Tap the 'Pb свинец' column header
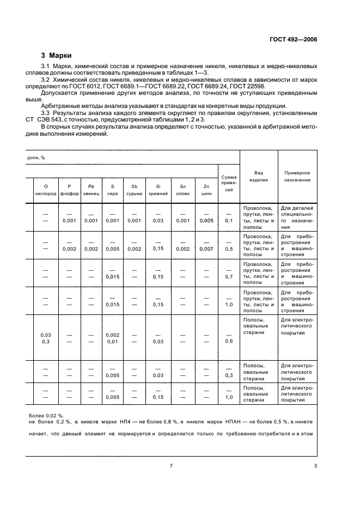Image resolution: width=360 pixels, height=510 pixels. (91, 190)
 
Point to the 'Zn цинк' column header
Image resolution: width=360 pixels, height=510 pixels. (206, 190)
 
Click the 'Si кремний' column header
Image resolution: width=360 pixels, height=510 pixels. (158, 190)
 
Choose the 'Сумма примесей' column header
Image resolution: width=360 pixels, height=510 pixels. (229, 183)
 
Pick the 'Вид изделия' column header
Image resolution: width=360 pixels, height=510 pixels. (259, 176)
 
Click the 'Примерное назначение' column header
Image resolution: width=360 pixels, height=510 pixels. (297, 176)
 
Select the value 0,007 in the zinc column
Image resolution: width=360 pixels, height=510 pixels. (206, 248)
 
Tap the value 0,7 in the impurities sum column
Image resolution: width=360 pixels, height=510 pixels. (229, 277)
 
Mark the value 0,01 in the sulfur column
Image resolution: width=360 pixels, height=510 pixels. (112, 341)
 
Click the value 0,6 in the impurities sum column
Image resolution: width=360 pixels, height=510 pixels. (229, 341)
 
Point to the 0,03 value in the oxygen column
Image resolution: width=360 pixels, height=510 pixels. (46, 334)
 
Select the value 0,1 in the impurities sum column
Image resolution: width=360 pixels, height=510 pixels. (229, 220)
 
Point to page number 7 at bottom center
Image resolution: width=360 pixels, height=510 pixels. (171, 465)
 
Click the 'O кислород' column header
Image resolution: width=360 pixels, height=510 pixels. (46, 190)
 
